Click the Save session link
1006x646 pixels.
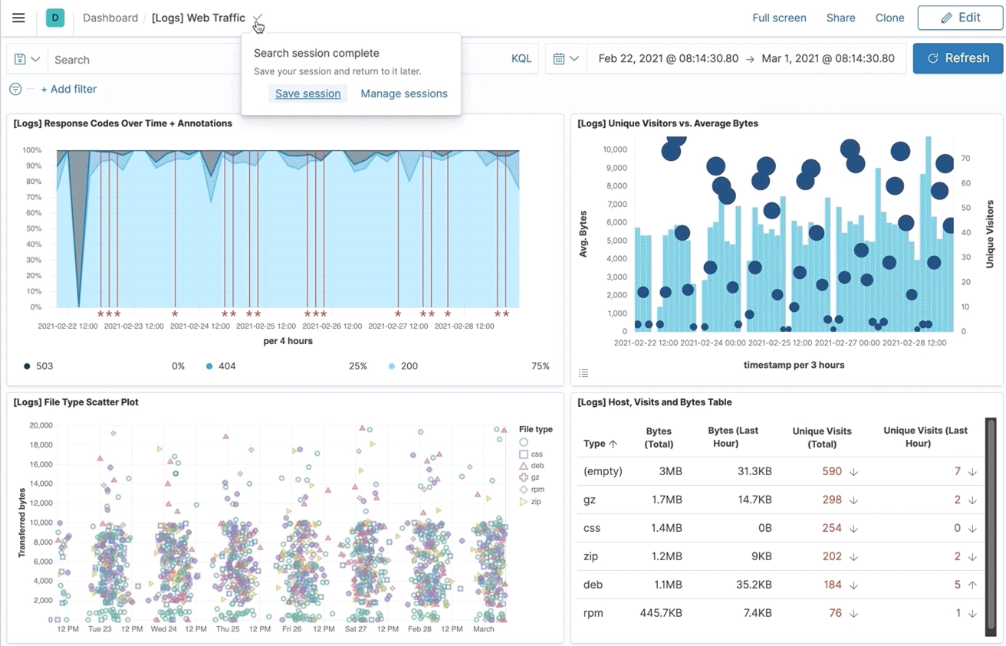[x=307, y=93]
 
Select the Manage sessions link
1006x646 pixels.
[x=404, y=93]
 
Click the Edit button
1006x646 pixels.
[x=960, y=18]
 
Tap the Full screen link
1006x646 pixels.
[x=779, y=18]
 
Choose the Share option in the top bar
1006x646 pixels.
[x=840, y=18]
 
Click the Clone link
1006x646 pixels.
[x=889, y=18]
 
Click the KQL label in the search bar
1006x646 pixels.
[x=521, y=59]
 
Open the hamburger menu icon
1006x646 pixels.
[x=18, y=18]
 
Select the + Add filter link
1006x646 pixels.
[x=68, y=89]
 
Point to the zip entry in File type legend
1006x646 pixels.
[x=535, y=502]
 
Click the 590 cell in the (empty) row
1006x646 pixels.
[x=832, y=471]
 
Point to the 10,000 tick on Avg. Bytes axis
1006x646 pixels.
[x=615, y=149]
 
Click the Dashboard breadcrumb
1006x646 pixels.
[x=110, y=18]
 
